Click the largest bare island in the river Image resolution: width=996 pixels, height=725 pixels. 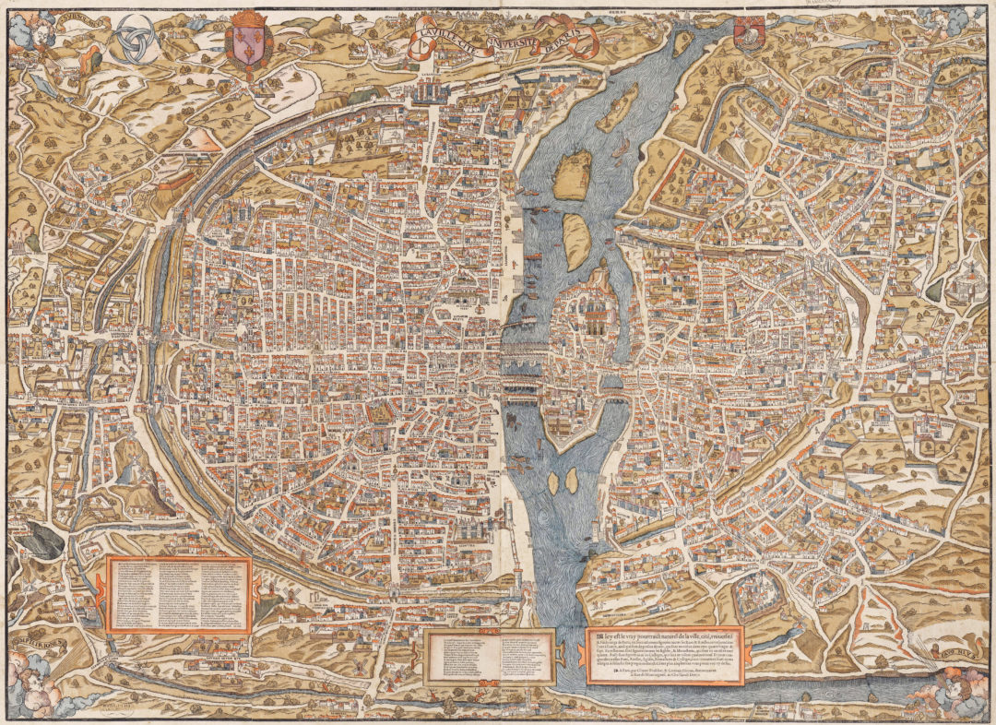tap(572, 175)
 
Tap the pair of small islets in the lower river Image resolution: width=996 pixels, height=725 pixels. tap(563, 480)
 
